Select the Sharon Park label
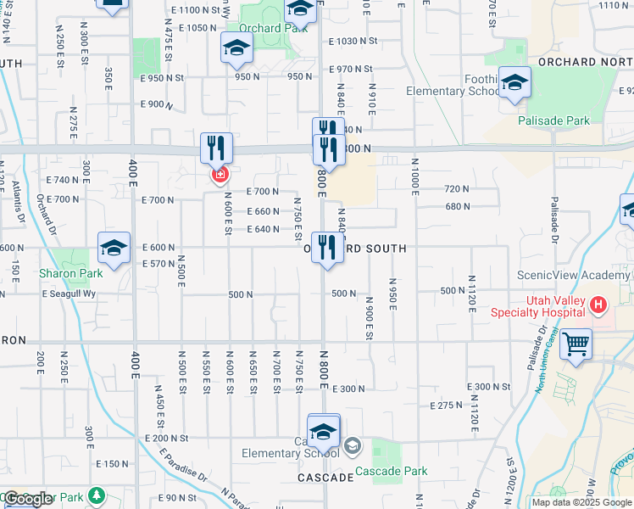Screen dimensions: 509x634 pyautogui.click(x=70, y=273)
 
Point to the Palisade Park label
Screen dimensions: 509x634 pyautogui.click(x=554, y=120)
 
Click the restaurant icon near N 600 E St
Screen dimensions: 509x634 pyautogui.click(x=216, y=148)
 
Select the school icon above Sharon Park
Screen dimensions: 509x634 pyautogui.click(x=114, y=248)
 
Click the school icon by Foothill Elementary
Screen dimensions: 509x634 pyautogui.click(x=514, y=82)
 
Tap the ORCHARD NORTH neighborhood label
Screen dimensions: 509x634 pyautogui.click(x=585, y=62)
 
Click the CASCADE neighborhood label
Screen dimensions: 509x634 pyautogui.click(x=325, y=478)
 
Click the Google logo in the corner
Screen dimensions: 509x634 pyautogui.click(x=27, y=499)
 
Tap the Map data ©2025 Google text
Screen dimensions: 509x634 pyautogui.click(x=581, y=502)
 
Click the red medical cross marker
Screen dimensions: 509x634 pyautogui.click(x=220, y=175)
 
